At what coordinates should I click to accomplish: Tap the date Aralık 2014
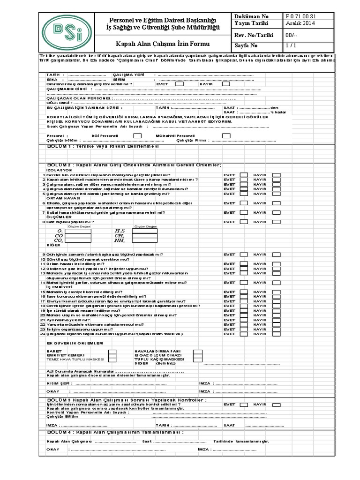point(300,23)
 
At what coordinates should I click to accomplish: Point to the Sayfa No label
point(247,46)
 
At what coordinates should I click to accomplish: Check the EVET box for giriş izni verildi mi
point(179,84)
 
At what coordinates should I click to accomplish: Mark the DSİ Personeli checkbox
point(137,135)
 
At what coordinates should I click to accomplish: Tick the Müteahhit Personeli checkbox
point(226,135)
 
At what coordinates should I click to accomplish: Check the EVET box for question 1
point(244,175)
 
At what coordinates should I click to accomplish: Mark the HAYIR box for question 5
point(277,194)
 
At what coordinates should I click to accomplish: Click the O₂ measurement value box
point(78,232)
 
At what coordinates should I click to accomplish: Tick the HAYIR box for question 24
point(277,334)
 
